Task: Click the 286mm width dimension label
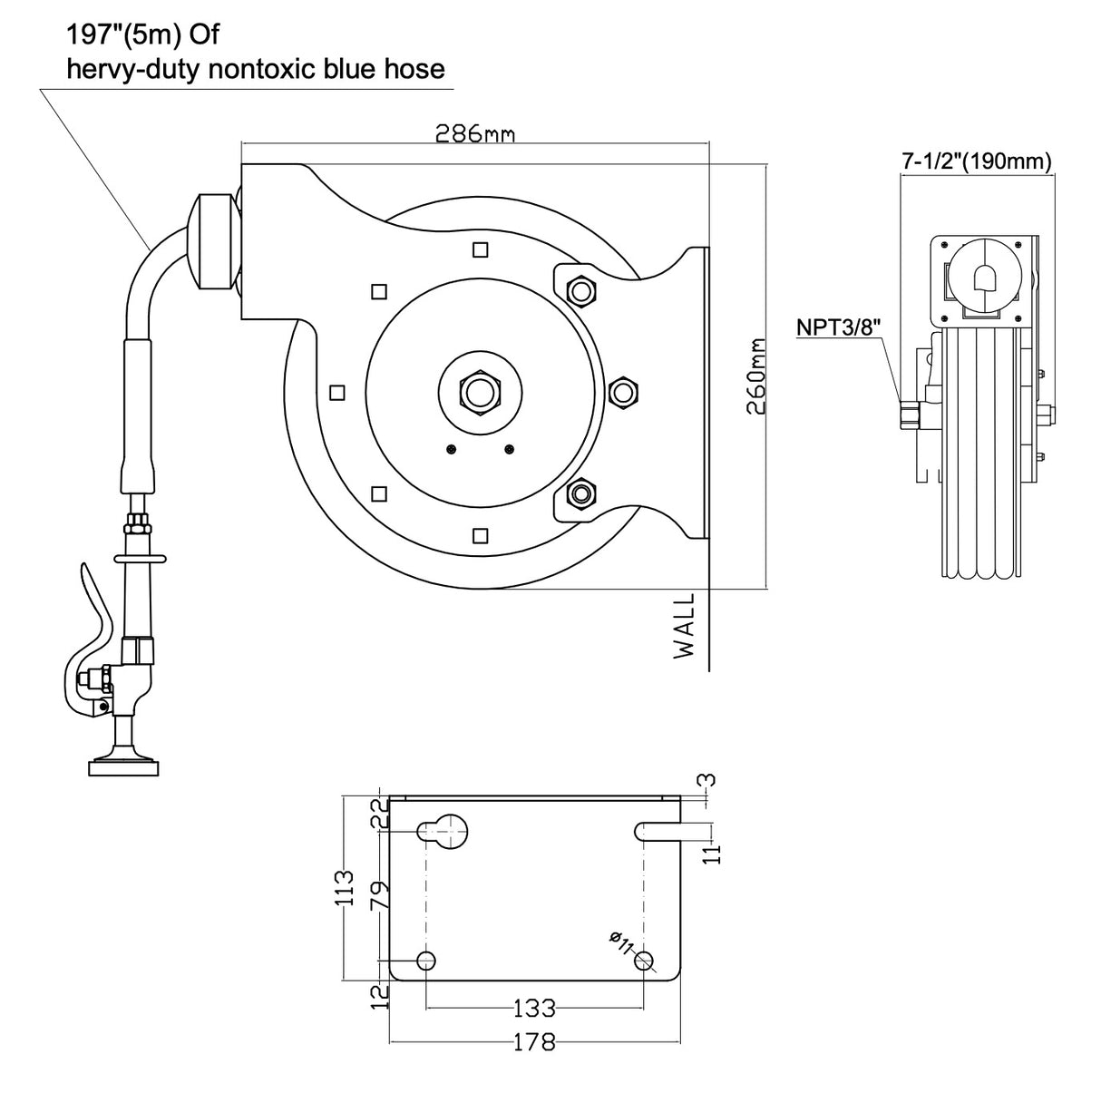[x=474, y=134]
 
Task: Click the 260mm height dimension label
[x=755, y=376]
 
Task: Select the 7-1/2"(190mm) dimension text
[x=976, y=161]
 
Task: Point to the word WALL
[x=684, y=625]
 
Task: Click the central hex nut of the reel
[x=480, y=393]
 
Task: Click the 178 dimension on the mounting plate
[x=534, y=1042]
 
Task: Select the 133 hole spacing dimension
[x=534, y=1008]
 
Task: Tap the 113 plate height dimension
[x=344, y=890]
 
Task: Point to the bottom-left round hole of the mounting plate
[x=425, y=961]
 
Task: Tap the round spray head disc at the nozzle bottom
[x=125, y=767]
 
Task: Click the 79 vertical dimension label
[x=381, y=894]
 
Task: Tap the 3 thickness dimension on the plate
[x=708, y=779]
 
